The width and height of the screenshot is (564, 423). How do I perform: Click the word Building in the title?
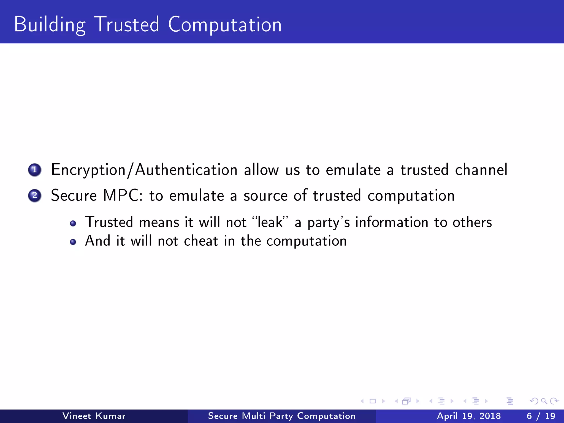pyautogui.click(x=50, y=25)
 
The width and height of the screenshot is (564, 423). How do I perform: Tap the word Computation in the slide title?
pyautogui.click(x=225, y=25)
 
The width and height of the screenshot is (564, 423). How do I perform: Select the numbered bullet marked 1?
pyautogui.click(x=35, y=170)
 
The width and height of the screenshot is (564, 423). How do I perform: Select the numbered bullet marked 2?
pyautogui.click(x=35, y=196)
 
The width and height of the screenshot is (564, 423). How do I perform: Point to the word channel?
pyautogui.click(x=481, y=170)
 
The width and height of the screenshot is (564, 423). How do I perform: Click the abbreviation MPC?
pyautogui.click(x=123, y=196)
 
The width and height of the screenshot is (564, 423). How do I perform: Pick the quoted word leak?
pyautogui.click(x=270, y=222)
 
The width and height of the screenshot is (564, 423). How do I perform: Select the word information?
pyautogui.click(x=392, y=222)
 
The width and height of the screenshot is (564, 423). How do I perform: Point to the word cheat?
pyautogui.click(x=201, y=241)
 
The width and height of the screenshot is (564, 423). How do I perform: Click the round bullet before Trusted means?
pyautogui.click(x=73, y=223)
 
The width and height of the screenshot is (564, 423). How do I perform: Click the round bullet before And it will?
pyautogui.click(x=73, y=242)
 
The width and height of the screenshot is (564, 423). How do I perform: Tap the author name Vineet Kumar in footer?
pyautogui.click(x=94, y=416)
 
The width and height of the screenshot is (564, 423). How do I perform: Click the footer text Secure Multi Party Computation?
pyautogui.click(x=282, y=416)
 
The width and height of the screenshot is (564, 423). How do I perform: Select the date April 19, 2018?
pyautogui.click(x=469, y=416)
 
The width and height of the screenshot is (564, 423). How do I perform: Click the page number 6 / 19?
pyautogui.click(x=541, y=416)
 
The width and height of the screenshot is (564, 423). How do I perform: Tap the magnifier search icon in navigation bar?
pyautogui.click(x=544, y=401)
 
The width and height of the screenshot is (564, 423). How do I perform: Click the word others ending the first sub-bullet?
pyautogui.click(x=472, y=222)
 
